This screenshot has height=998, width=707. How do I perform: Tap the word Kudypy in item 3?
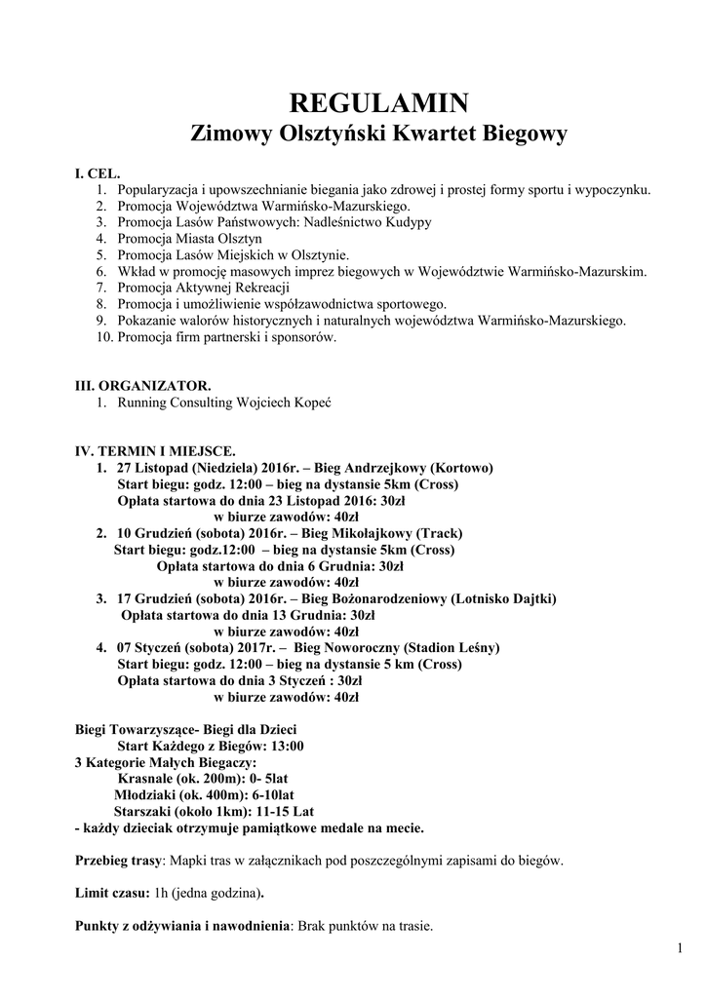point(409,222)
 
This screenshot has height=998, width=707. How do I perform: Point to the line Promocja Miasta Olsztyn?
point(189,239)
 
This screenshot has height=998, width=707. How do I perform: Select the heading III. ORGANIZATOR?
point(142,386)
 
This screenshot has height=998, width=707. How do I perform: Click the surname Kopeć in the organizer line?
point(312,402)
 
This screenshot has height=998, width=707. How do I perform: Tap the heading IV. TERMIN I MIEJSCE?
point(154,452)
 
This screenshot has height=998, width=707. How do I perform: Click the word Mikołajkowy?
point(371,533)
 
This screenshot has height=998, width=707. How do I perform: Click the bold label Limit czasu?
point(112,893)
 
